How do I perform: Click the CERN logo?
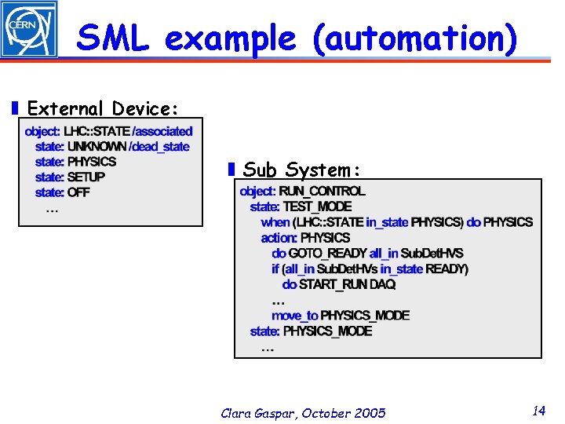[29, 28]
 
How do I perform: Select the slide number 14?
[538, 411]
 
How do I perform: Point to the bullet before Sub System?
[231, 170]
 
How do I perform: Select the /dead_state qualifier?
[159, 146]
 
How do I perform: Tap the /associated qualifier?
[162, 131]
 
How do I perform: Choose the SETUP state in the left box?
[86, 177]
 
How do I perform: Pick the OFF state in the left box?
[78, 192]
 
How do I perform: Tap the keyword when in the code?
[275, 222]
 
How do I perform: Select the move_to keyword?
[294, 316]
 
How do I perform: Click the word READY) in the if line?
[447, 269]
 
